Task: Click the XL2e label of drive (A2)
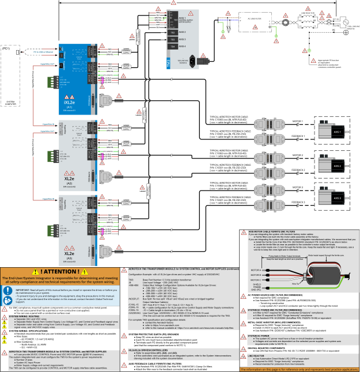tap(69, 179)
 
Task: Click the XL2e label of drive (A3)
tap(69, 253)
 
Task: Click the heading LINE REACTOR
tap(256, 356)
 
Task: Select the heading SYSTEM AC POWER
tap(259, 335)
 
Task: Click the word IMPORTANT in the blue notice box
tap(22, 290)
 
